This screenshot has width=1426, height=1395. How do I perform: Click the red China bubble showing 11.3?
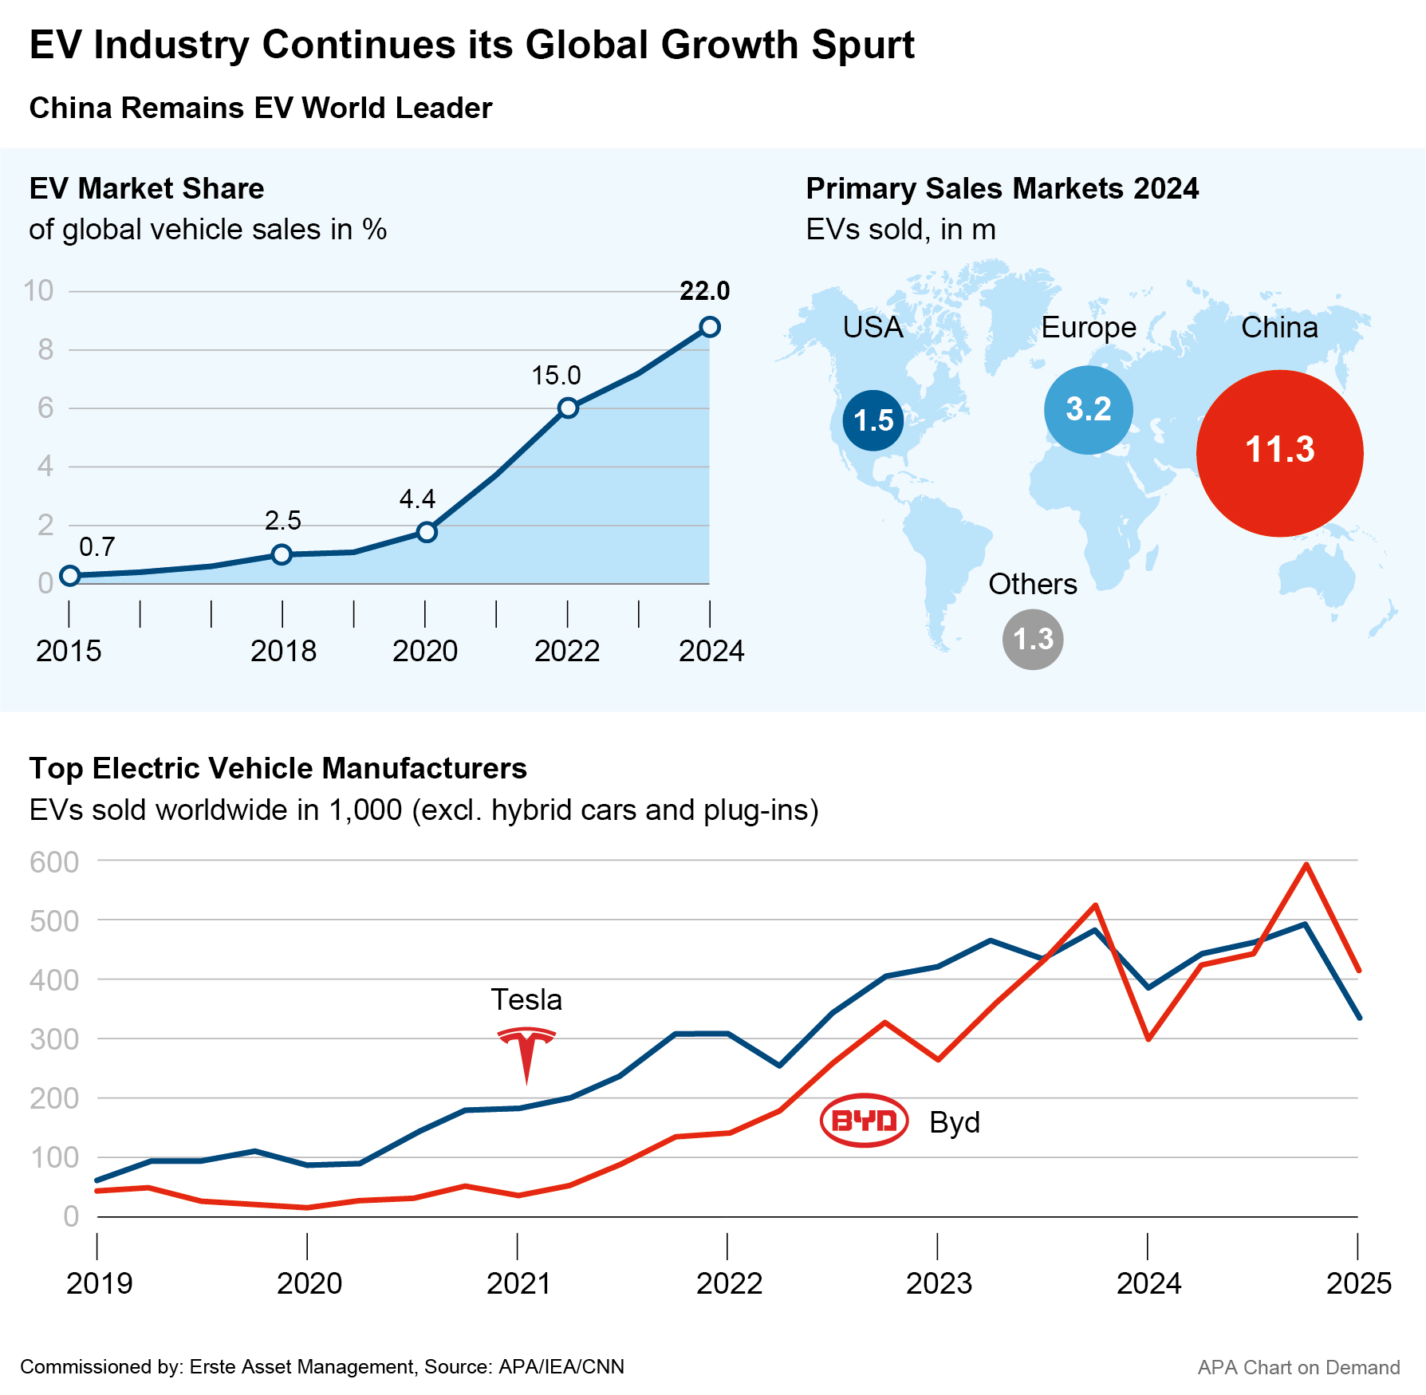tap(1279, 452)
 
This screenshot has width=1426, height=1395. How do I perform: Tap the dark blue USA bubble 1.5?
tap(873, 420)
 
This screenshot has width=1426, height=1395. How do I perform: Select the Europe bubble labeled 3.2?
tap(1088, 410)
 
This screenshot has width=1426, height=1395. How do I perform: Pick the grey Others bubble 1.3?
tap(1033, 639)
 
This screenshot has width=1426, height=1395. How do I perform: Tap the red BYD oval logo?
tap(864, 1121)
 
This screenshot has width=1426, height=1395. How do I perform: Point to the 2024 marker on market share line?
tap(710, 327)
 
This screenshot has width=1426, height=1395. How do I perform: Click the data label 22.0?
tap(704, 291)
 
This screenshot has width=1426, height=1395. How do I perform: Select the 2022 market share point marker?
tap(568, 408)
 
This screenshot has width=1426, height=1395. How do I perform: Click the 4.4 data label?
tap(417, 499)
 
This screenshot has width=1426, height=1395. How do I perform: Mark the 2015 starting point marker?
tap(70, 576)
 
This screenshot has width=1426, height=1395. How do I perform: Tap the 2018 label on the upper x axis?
tap(283, 651)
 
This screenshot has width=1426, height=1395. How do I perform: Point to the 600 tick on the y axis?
tap(54, 862)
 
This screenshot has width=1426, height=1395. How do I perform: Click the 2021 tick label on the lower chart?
tap(518, 1283)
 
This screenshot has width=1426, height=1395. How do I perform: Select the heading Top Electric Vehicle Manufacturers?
tap(278, 768)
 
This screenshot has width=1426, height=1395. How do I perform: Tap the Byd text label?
tap(954, 1122)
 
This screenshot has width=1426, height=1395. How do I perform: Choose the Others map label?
tap(1032, 584)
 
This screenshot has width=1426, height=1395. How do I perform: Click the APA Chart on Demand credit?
tap(1298, 1367)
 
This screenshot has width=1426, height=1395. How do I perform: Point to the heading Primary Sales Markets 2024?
tap(1002, 188)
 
